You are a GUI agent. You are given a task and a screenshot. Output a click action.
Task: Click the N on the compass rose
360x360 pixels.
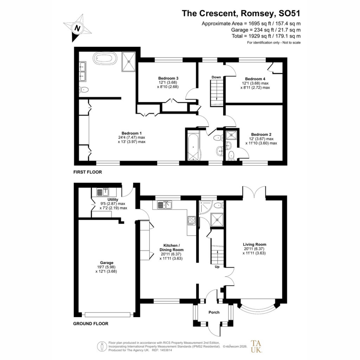77,28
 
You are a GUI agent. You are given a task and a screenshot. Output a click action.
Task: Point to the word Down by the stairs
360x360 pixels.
216,77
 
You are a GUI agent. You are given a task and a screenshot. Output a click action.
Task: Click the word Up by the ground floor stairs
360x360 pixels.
217,267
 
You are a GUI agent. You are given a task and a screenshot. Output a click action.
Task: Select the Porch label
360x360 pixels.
214,312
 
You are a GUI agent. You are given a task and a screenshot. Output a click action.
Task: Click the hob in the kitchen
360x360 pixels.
192,221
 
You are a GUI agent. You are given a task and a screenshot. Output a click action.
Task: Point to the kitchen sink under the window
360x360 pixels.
165,205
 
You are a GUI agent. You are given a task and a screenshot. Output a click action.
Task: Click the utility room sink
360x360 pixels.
102,192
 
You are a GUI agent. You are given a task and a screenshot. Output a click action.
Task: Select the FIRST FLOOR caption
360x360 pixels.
88,172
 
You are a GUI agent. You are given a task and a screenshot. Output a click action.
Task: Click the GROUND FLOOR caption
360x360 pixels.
91,323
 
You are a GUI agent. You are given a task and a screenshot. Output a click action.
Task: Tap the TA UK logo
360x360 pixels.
256,346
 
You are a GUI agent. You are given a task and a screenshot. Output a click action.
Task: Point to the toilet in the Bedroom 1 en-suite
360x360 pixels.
84,90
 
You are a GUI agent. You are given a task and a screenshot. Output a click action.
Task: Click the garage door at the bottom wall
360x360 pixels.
108,315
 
